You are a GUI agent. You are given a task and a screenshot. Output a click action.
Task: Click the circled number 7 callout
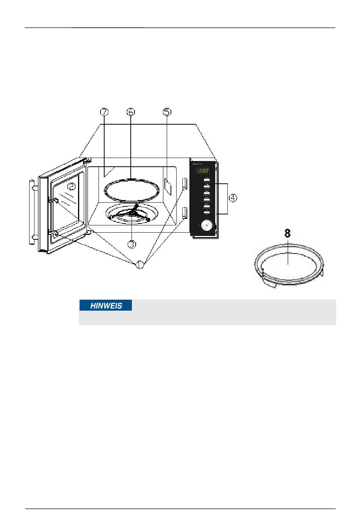pos(104,112)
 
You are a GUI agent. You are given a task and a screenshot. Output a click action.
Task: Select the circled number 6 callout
pos(131,112)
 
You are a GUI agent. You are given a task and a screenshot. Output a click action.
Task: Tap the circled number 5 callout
pos(167,112)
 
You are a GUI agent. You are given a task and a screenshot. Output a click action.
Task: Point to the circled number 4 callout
pos(234,198)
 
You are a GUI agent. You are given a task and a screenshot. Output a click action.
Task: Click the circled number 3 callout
pos(131,244)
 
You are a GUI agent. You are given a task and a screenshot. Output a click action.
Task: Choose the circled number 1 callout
pos(140,264)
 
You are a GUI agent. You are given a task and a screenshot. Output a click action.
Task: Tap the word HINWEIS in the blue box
pos(106,306)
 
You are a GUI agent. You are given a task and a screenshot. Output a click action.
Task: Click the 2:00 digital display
pos(204,171)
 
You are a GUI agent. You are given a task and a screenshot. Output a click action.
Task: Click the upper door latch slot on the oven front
pos(185,184)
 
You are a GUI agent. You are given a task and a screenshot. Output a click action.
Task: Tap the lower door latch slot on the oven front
pos(185,213)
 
